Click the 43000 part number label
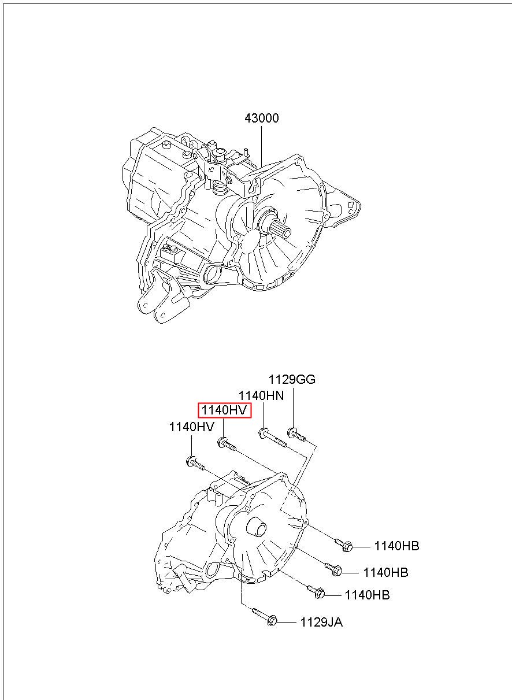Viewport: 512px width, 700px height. [261, 118]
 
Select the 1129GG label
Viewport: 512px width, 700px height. [292, 379]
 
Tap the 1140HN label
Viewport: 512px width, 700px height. [261, 396]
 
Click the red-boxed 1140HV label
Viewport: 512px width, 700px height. [225, 410]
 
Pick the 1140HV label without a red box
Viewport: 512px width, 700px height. [191, 427]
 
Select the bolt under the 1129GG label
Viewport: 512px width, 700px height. [296, 434]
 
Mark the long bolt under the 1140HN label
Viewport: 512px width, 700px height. [273, 438]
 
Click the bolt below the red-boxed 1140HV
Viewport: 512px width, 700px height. [227, 444]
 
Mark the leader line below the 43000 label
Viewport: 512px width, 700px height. [262, 146]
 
